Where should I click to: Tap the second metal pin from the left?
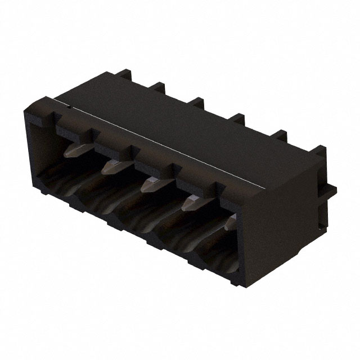click(112, 165)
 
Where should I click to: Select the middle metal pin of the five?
click(151, 184)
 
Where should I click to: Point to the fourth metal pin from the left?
click(190, 202)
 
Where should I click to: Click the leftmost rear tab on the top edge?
click(124, 74)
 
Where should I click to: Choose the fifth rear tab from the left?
click(280, 136)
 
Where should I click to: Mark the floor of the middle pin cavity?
click(141, 219)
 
